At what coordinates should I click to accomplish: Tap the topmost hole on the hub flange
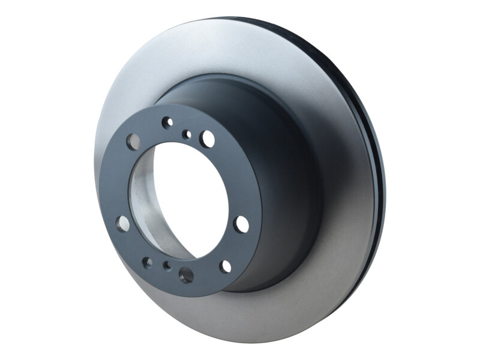coord(167,122)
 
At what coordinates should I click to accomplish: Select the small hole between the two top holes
coord(187,133)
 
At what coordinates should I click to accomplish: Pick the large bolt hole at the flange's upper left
coord(133,141)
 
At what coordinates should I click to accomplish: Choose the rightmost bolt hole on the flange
coord(241,224)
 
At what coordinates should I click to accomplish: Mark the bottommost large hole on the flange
coord(186,275)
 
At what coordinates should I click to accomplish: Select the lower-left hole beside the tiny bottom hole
coord(147,262)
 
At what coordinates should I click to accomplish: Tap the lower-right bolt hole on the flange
coord(225,266)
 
